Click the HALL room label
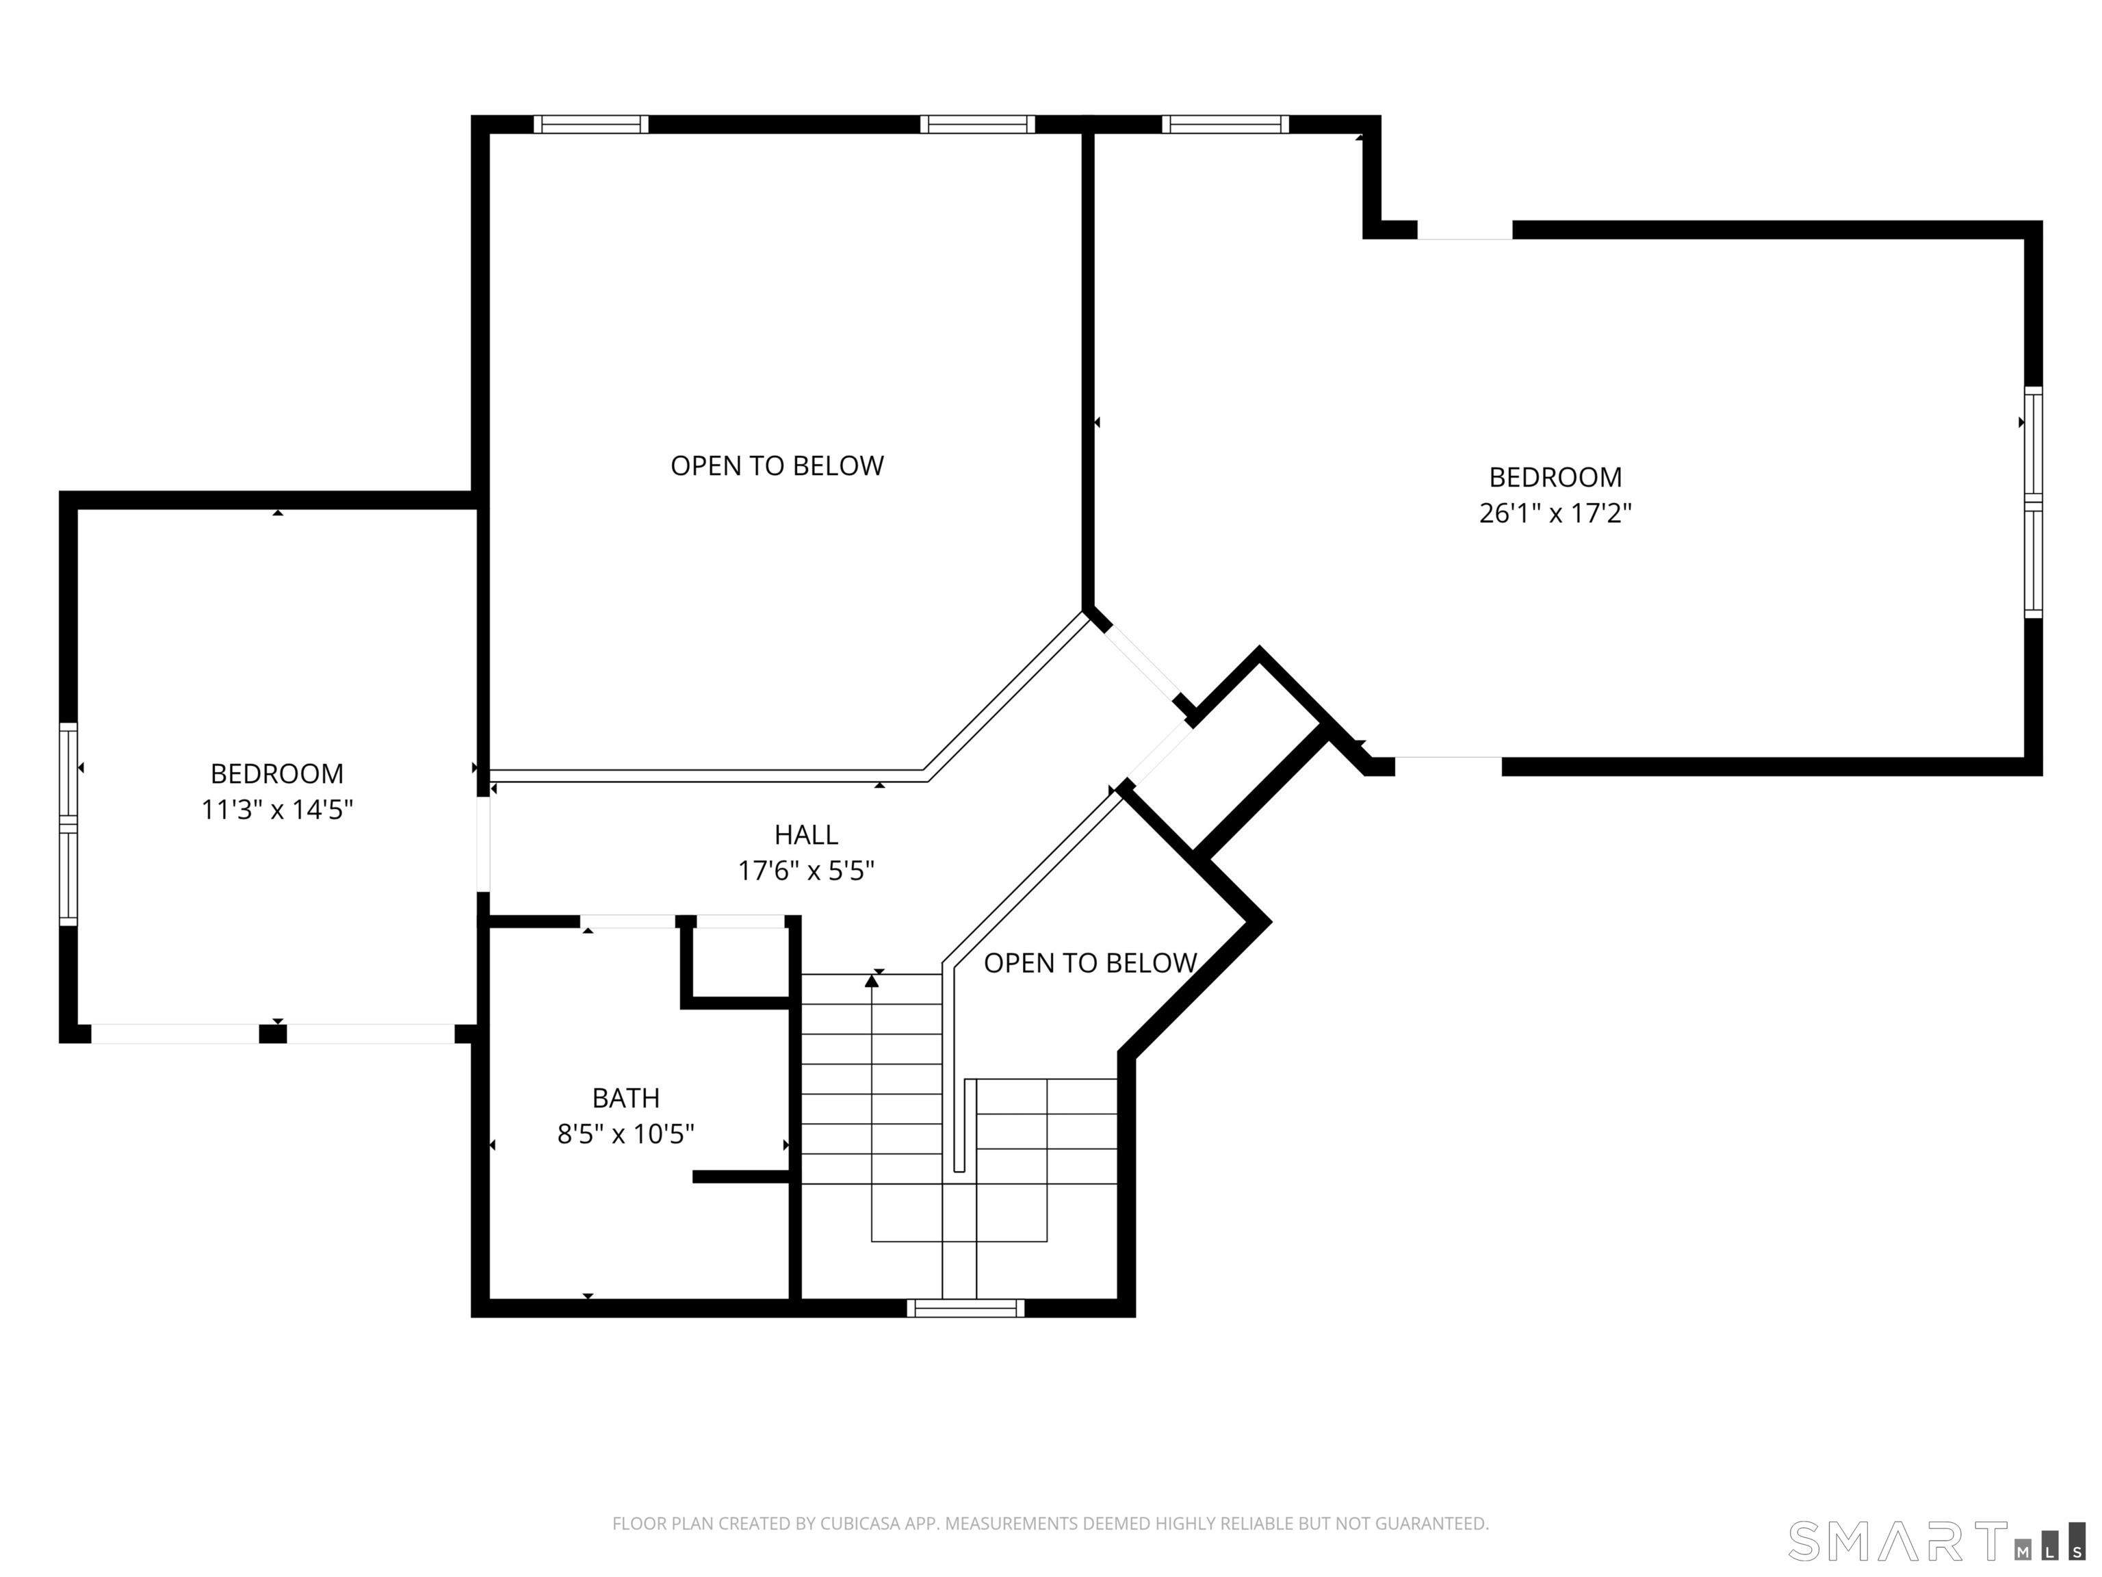pyautogui.click(x=806, y=834)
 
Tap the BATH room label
pyautogui.click(x=625, y=1098)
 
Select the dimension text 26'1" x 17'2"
pyautogui.click(x=1555, y=513)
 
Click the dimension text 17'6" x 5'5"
pyautogui.click(x=806, y=871)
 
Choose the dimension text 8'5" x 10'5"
pyautogui.click(x=625, y=1134)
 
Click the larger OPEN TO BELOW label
pyautogui.click(x=777, y=466)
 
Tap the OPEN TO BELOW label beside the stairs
pyautogui.click(x=1090, y=963)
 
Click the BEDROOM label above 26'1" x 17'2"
pyautogui.click(x=1555, y=477)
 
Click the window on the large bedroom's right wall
pyautogui.click(x=2033, y=502)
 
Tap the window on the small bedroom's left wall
pyautogui.click(x=68, y=823)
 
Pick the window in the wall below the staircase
pyautogui.click(x=965, y=1308)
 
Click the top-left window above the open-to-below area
pyautogui.click(x=591, y=125)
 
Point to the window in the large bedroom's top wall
pyautogui.click(x=1225, y=125)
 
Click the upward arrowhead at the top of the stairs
pyautogui.click(x=872, y=981)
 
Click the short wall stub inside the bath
pyautogui.click(x=741, y=1177)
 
